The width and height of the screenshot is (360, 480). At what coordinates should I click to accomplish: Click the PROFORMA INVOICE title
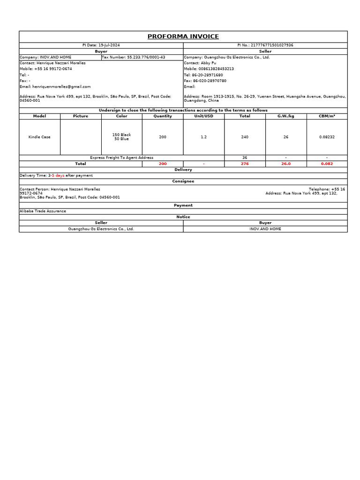tap(183, 37)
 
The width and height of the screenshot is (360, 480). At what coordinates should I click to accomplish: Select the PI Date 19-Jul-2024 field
tap(101, 45)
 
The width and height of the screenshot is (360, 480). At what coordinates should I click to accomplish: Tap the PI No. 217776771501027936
tap(265, 45)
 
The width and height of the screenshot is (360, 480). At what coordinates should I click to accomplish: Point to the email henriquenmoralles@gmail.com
tap(55, 87)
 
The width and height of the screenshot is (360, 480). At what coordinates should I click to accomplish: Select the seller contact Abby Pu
tap(200, 63)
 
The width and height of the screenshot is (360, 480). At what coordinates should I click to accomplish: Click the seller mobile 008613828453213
tap(209, 69)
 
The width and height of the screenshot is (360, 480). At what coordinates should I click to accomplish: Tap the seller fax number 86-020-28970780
tap(205, 81)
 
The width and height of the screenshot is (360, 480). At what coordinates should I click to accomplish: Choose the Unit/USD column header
tap(203, 116)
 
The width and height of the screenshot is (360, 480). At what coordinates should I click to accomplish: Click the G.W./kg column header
tap(285, 116)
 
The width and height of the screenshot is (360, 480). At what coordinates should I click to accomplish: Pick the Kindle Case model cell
tap(39, 137)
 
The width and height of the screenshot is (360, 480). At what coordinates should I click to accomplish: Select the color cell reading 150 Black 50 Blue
tap(121, 137)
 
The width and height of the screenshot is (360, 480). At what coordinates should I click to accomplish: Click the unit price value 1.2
tap(203, 137)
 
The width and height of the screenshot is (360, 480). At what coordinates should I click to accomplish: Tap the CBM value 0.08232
tap(327, 137)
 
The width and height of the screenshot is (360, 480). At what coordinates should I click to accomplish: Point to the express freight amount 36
tap(245, 158)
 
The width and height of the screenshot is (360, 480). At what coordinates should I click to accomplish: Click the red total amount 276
tap(245, 164)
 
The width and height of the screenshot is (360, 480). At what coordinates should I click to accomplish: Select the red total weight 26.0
tap(285, 164)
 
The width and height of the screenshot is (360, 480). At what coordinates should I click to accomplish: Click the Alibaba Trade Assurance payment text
tap(43, 211)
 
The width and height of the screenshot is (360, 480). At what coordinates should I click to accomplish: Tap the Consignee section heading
tap(183, 181)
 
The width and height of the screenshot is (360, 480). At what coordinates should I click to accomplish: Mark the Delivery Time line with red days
tap(56, 175)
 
